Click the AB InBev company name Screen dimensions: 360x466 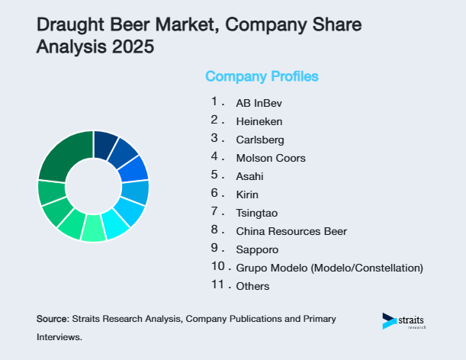click(253, 102)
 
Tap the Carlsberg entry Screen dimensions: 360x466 click(259, 140)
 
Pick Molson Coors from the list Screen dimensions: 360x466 click(270, 158)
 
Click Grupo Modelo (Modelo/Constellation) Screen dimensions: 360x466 click(329, 268)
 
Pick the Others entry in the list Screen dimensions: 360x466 click(252, 286)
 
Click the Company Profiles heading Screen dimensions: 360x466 click(262, 76)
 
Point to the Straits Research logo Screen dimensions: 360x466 click(404, 320)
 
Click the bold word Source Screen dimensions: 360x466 click(52, 318)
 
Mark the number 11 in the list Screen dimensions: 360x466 click(218, 285)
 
